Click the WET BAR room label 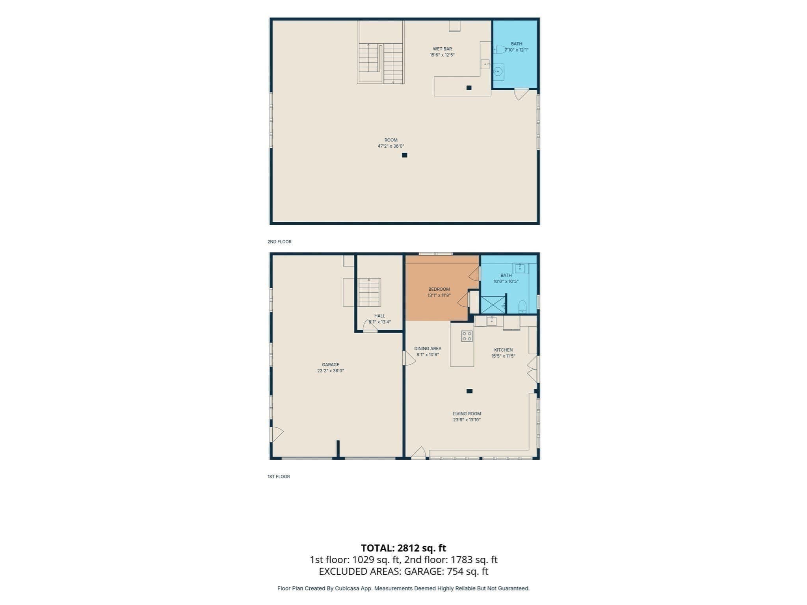442,49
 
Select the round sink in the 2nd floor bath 498,72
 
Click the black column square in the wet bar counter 469,88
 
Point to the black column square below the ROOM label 404,155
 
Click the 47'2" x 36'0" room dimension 391,146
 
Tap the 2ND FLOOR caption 279,242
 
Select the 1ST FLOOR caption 279,477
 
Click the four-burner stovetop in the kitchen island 467,336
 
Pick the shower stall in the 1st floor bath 493,305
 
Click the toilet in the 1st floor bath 522,307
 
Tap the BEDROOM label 439,290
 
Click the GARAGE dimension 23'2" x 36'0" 331,371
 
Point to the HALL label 380,316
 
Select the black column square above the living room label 469,391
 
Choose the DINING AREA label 428,349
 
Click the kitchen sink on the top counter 491,321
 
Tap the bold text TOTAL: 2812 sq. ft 403,548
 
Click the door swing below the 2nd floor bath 521,95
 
